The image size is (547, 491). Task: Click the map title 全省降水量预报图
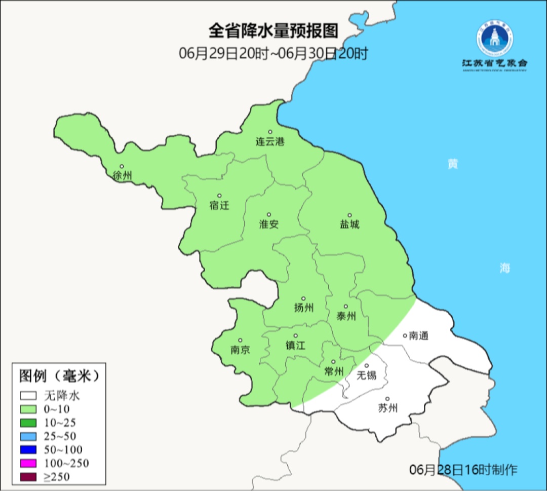pyautogui.click(x=273, y=31)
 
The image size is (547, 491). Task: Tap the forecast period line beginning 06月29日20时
pyautogui.click(x=273, y=53)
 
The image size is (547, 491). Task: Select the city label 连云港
pyautogui.click(x=269, y=142)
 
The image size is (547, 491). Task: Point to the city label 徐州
pyautogui.click(x=122, y=176)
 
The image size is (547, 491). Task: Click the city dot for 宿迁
pyautogui.click(x=219, y=196)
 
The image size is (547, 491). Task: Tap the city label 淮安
pyautogui.click(x=269, y=224)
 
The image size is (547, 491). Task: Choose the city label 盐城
pyautogui.click(x=349, y=224)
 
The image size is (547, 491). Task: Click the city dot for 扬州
pyautogui.click(x=303, y=298)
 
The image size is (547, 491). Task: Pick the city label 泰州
pyautogui.click(x=346, y=317)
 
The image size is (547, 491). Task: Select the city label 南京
pyautogui.click(x=240, y=350)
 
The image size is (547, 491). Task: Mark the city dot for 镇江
pyautogui.click(x=296, y=336)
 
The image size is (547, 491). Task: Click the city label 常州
pyautogui.click(x=334, y=371)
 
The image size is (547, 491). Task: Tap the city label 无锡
pyautogui.click(x=367, y=375)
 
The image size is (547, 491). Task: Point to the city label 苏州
pyautogui.click(x=387, y=408)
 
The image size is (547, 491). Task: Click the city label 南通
pyautogui.click(x=418, y=335)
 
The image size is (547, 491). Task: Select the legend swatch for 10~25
pyautogui.click(x=28, y=423)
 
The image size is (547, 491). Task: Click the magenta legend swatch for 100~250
pyautogui.click(x=28, y=463)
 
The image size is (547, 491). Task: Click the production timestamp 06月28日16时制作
pyautogui.click(x=463, y=470)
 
